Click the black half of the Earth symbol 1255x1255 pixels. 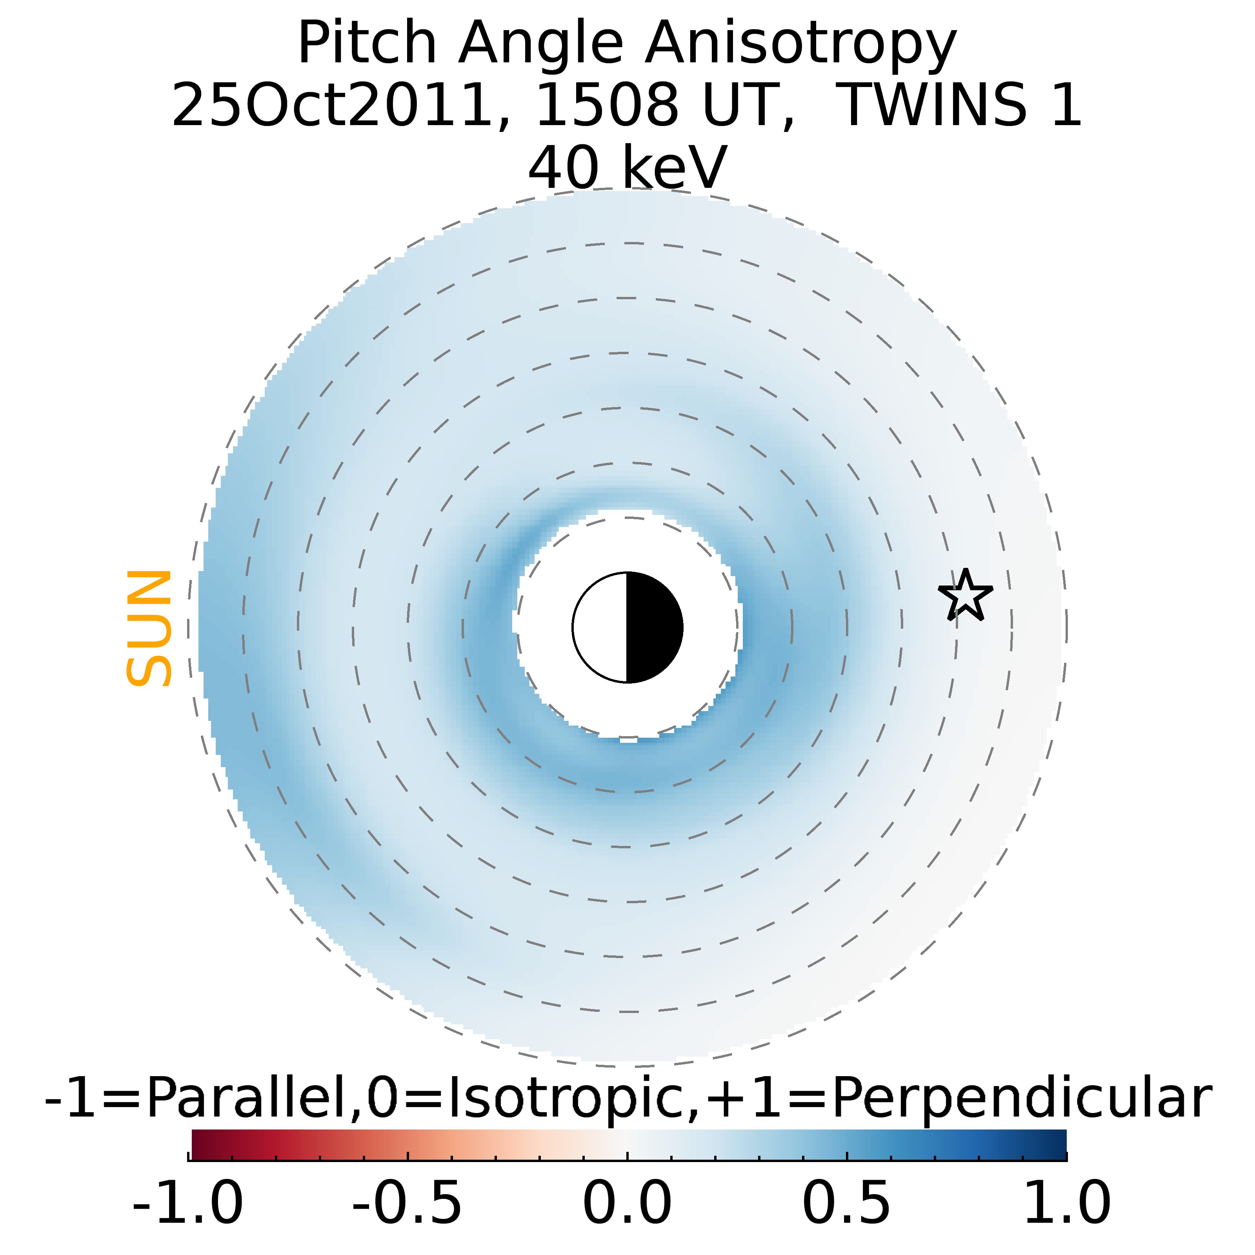pos(653,627)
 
